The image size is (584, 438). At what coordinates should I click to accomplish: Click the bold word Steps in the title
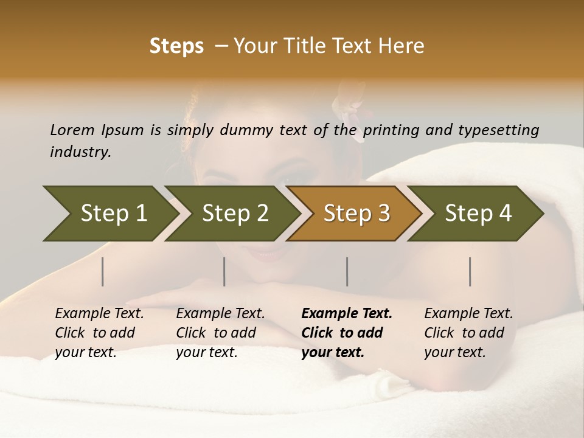(176, 46)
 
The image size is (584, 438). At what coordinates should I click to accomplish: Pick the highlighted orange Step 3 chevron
(356, 214)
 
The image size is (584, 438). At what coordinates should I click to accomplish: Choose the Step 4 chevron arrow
(478, 214)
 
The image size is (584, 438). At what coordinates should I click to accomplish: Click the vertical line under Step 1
(103, 271)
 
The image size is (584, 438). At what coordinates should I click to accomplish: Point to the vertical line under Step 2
(224, 271)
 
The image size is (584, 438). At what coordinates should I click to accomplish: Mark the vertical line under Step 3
(347, 271)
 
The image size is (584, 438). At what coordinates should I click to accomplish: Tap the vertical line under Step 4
(470, 271)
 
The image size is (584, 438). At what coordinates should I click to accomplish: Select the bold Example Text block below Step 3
(347, 333)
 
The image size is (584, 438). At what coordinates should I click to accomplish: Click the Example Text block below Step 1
(99, 333)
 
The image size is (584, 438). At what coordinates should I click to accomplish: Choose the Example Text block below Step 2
(220, 333)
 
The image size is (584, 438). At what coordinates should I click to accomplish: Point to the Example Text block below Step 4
(468, 333)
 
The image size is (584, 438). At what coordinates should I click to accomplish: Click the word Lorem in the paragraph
(72, 130)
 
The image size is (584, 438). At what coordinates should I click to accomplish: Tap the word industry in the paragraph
(80, 152)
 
